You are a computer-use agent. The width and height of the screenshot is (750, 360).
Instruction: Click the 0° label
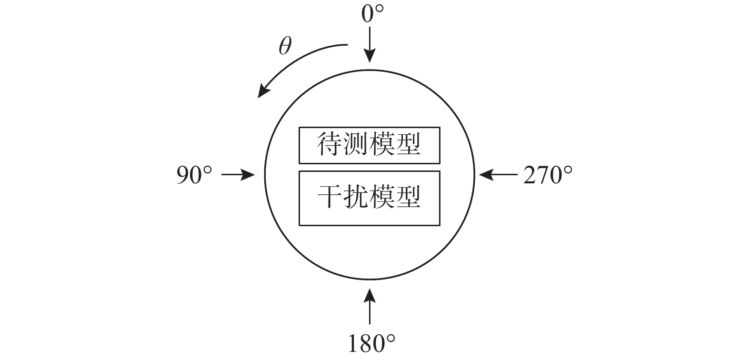point(372,14)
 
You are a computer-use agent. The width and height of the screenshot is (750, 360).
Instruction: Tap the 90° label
point(194,175)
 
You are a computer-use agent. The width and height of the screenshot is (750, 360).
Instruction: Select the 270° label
point(548,175)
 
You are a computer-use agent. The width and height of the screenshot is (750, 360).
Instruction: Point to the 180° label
point(371,343)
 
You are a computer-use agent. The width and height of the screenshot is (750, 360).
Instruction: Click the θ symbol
point(285,46)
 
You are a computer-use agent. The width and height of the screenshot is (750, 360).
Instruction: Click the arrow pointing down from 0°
point(370,45)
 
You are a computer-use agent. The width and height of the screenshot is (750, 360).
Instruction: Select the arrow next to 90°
point(238,174)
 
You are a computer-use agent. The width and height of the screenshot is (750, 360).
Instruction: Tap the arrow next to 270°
point(498,174)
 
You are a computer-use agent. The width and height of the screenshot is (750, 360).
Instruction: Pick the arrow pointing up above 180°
point(370,306)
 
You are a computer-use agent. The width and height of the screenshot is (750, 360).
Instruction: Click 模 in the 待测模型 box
point(382,145)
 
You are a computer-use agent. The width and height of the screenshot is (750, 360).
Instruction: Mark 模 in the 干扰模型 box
point(382,197)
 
